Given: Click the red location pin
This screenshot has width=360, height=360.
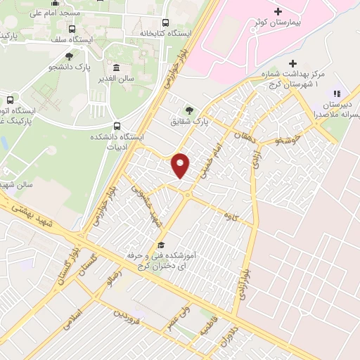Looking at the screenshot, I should pyautogui.click(x=181, y=165).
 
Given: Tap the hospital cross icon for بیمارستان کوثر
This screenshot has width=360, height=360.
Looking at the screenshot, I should pyautogui.click(x=278, y=12).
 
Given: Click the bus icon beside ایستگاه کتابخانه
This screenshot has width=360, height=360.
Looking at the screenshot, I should pyautogui.click(x=166, y=22).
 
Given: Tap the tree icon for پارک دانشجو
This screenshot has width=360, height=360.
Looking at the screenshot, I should pyautogui.click(x=69, y=56).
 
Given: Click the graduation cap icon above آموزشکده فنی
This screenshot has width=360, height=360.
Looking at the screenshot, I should pyautogui.click(x=161, y=245).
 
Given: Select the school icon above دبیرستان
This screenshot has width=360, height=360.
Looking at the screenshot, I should pyautogui.click(x=336, y=94).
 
